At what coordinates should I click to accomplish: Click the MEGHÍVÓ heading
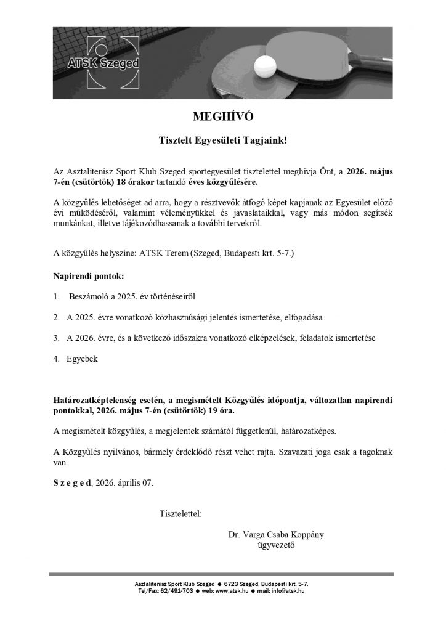(223, 116)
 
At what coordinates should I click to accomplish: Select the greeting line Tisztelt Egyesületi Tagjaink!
(222, 140)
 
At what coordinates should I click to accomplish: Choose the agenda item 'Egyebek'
(82, 359)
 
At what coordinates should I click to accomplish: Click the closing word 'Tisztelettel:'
(180, 513)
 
